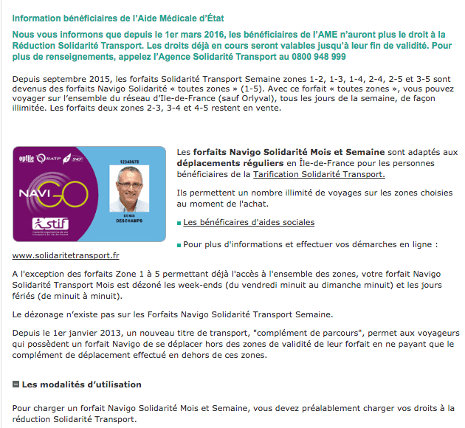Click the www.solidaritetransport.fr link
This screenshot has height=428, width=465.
(x=66, y=256)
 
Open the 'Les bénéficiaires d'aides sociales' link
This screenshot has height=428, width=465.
(x=248, y=222)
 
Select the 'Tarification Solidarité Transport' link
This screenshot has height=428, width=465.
(x=318, y=175)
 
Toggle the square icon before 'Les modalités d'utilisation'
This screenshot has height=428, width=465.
(x=16, y=384)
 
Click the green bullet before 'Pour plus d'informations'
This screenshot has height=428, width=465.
(x=179, y=244)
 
